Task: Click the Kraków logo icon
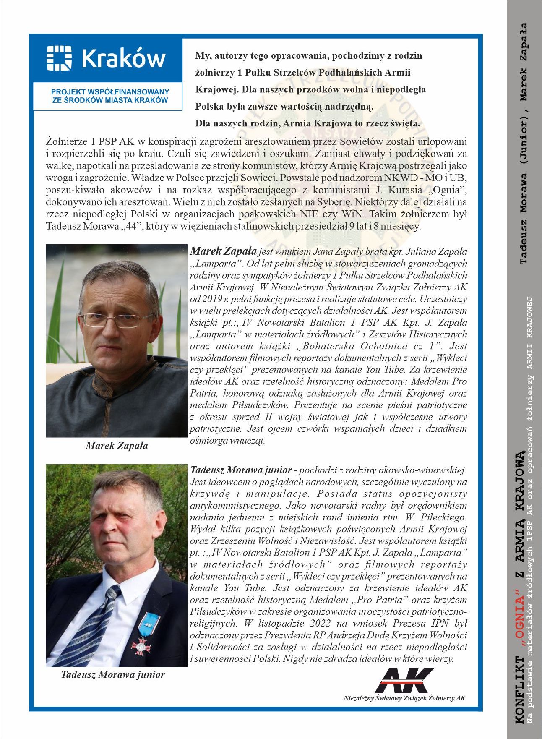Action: tap(59, 58)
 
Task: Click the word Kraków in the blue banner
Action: tap(123, 58)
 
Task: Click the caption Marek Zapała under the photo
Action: tap(117, 446)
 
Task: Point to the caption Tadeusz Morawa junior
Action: tap(113, 674)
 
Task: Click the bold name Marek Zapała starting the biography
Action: tap(223, 252)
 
